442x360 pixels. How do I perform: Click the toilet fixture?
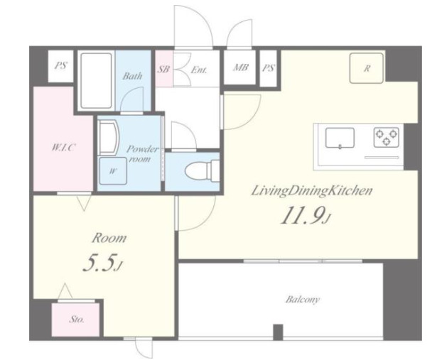pos(202,170)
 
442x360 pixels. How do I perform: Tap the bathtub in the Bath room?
pos(96,80)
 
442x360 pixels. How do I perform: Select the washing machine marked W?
pos(112,171)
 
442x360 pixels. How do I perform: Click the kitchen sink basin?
pos(340,138)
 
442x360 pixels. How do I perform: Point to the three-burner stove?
pos(386,137)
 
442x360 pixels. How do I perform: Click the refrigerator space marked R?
pos(367,68)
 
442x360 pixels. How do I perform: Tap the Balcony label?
pos(303,299)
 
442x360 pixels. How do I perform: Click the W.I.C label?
pos(63,147)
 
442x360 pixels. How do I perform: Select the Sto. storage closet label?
pos(77,320)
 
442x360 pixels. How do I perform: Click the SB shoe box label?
pos(163,69)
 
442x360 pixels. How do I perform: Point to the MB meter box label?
pos(240,67)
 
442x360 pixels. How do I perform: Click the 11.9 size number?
pos(305,215)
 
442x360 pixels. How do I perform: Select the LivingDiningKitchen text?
pos(312,191)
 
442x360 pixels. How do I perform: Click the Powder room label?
pos(142,154)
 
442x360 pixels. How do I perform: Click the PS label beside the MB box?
pos(269,68)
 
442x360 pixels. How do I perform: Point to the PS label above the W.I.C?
pos(60,65)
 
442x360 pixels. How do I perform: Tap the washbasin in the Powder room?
pos(108,138)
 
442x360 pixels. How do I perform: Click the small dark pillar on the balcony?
pos(278,332)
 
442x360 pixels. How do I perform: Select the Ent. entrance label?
pos(199,69)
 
